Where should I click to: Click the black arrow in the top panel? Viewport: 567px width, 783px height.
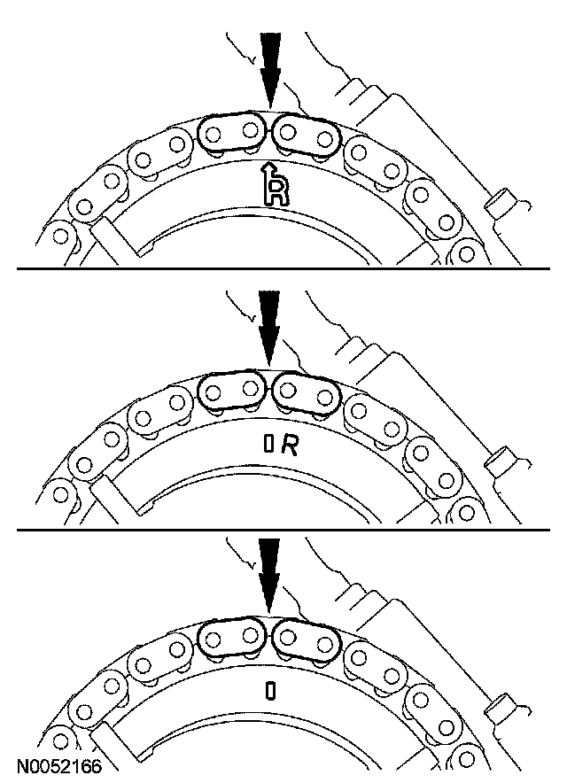point(268,62)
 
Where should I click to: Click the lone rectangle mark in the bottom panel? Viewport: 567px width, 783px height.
point(268,690)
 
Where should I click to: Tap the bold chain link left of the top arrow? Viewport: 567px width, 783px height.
point(230,134)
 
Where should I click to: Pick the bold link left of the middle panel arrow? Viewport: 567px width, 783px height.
point(230,391)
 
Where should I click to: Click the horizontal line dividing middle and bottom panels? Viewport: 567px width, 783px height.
point(283,530)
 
